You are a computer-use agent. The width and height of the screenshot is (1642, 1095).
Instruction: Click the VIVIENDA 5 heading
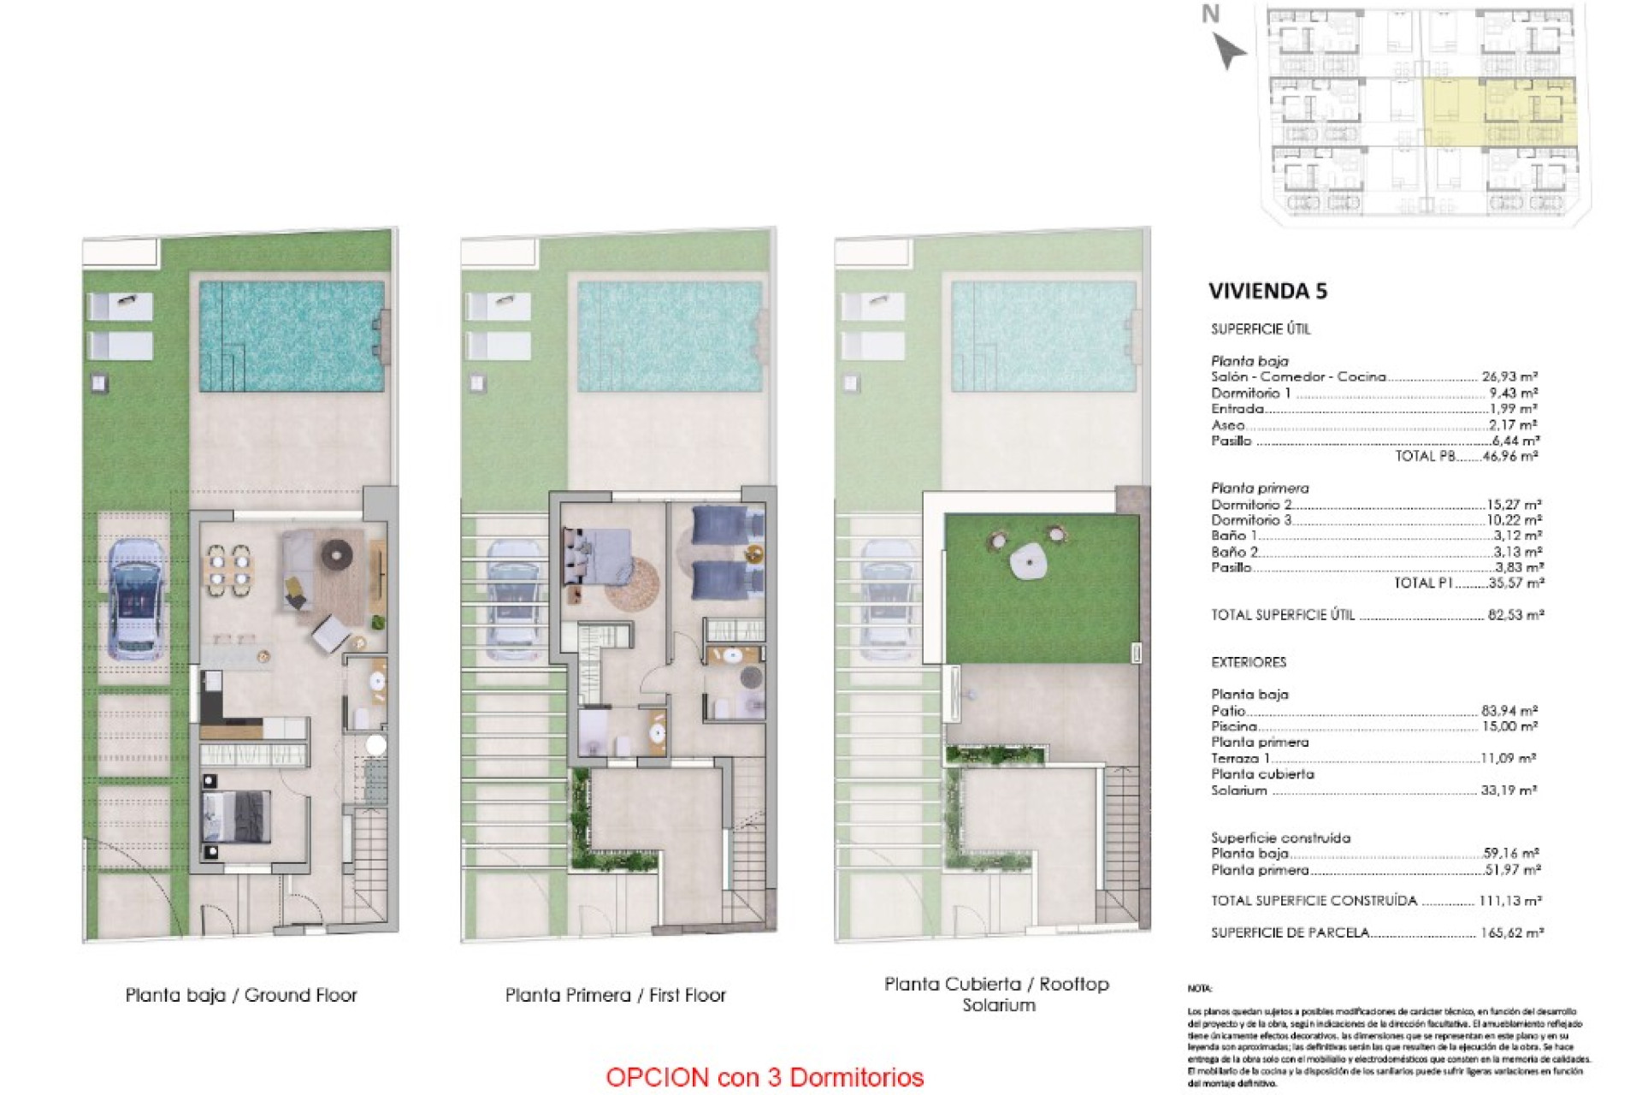click(1267, 291)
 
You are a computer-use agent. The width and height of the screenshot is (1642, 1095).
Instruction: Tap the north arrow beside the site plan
click(1228, 50)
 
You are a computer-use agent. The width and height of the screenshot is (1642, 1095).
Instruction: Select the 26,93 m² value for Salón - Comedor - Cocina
click(1509, 376)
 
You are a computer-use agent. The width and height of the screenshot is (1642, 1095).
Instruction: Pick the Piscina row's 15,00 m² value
click(1509, 726)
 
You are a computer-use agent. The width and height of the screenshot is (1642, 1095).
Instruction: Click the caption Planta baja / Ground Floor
click(241, 995)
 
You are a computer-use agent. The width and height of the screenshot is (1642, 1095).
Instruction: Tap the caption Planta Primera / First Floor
click(615, 995)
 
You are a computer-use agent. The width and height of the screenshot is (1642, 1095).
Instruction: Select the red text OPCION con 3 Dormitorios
click(765, 1077)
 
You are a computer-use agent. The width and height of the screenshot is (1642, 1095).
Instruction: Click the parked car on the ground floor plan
click(136, 599)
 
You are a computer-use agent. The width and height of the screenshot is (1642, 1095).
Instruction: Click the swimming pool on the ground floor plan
click(292, 336)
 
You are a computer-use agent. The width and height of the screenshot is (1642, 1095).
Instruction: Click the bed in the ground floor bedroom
click(237, 816)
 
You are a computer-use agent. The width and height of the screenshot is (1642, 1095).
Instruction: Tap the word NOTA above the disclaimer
click(1199, 989)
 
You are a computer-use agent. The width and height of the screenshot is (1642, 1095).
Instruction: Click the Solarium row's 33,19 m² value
click(1509, 790)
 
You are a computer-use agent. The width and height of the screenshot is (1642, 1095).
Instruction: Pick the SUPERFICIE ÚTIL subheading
click(1260, 328)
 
